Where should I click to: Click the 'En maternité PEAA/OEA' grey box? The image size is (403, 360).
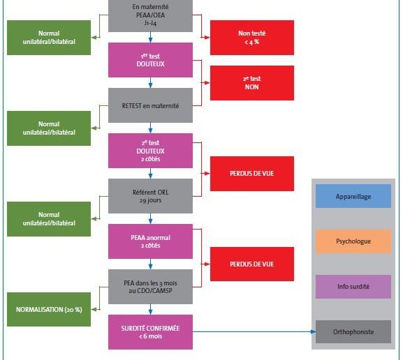[150, 16]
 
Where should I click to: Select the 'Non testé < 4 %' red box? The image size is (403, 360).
[252, 38]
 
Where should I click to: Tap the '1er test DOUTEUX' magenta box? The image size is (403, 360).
[150, 60]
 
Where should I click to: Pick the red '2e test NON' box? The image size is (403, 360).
[252, 83]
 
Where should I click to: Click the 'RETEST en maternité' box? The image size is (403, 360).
[150, 105]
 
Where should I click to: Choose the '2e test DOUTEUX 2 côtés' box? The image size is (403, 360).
[150, 151]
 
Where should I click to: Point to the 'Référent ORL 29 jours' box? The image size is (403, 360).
[150, 196]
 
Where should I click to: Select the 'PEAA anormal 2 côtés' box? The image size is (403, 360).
[150, 241]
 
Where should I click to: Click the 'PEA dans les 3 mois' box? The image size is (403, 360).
[150, 287]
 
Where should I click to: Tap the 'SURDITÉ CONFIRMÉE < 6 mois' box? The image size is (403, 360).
[150, 332]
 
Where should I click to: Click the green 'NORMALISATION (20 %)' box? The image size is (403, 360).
[49, 309]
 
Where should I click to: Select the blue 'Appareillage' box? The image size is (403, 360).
[353, 196]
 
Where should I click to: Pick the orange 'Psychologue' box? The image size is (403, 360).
[353, 241]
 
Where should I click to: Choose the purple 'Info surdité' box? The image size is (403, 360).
[353, 287]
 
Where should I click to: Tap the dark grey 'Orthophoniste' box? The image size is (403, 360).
[353, 332]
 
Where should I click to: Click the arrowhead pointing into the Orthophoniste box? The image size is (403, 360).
[313, 332]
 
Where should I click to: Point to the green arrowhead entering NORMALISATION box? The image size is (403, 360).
[94, 309]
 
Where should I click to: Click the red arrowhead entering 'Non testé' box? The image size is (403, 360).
[207, 38]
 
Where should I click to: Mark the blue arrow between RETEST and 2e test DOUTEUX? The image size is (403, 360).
[150, 128]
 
